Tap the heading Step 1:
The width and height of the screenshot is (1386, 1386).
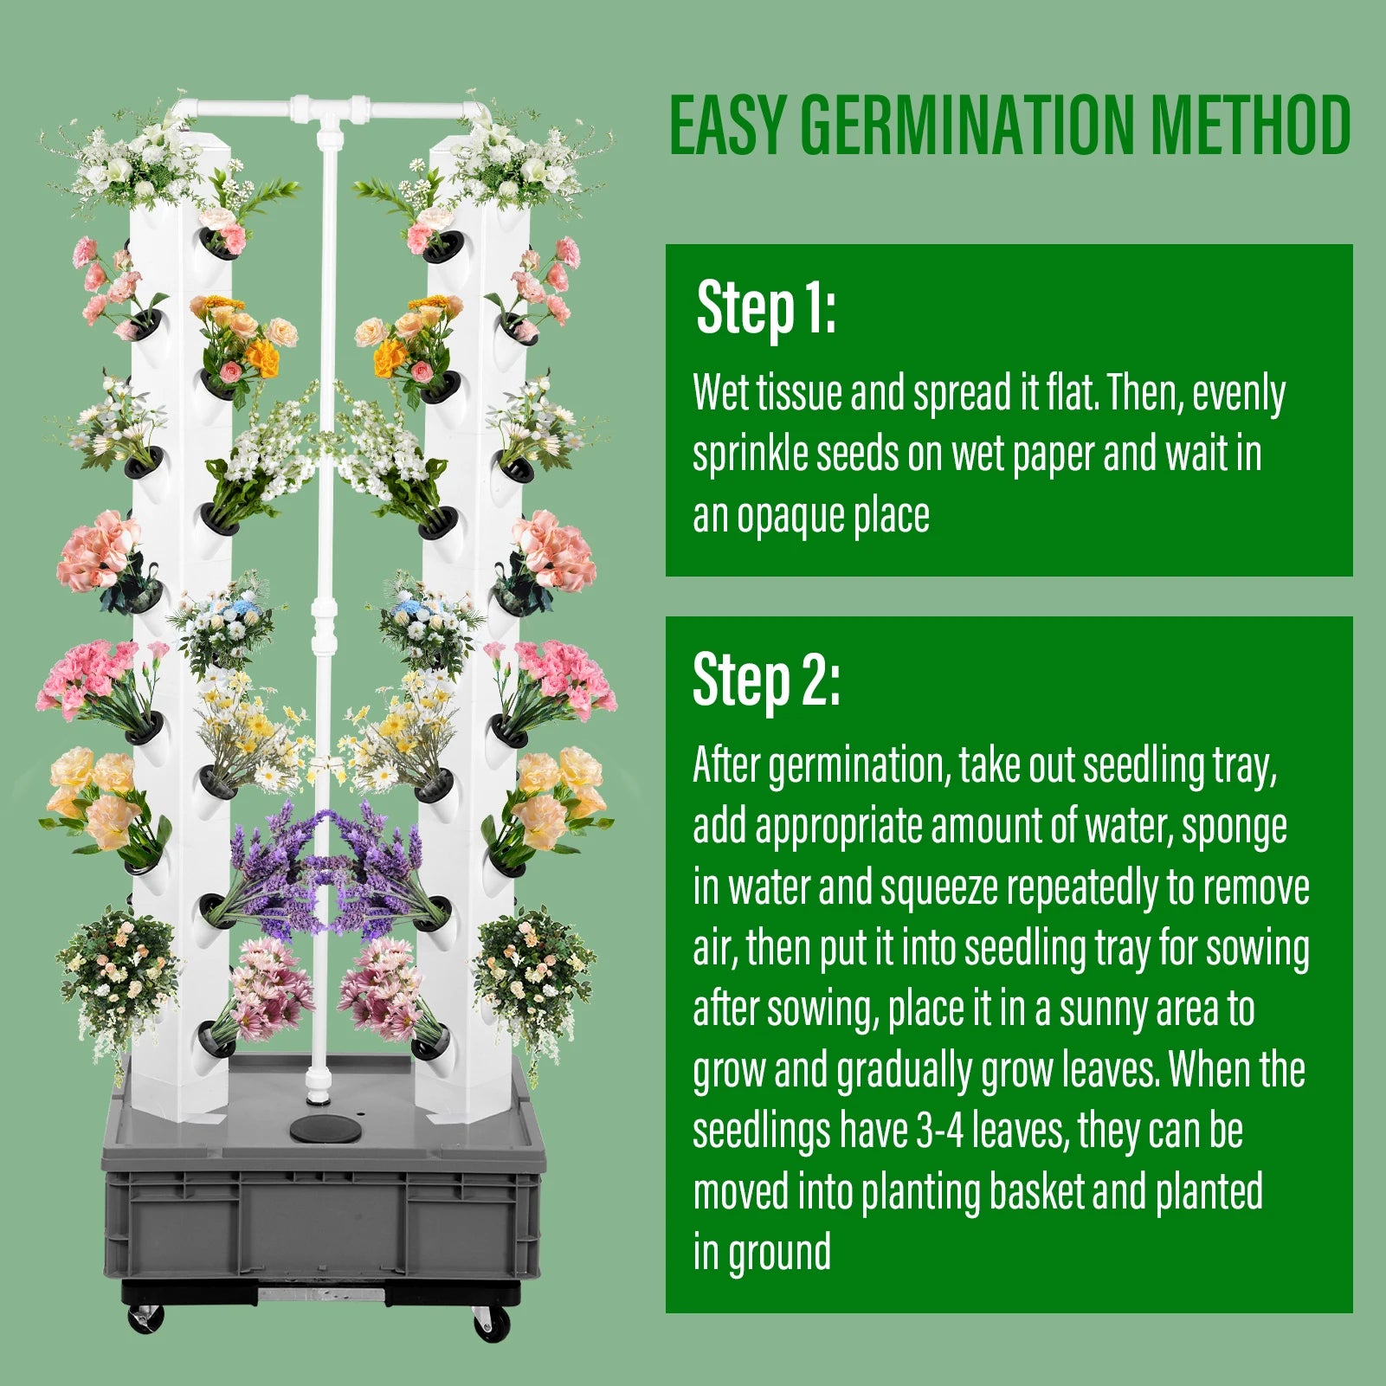click(x=765, y=307)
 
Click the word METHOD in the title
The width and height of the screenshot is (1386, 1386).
click(x=1249, y=126)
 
